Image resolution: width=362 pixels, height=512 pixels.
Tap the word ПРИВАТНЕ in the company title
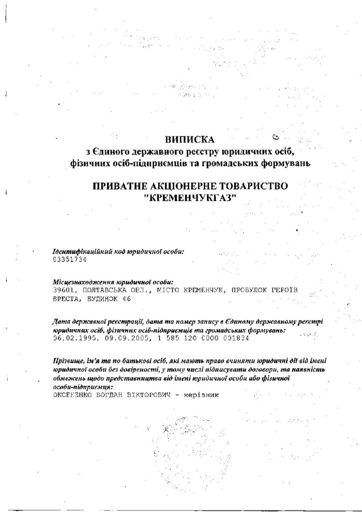point(118,186)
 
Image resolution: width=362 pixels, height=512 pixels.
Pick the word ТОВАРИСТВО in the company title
point(254,186)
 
